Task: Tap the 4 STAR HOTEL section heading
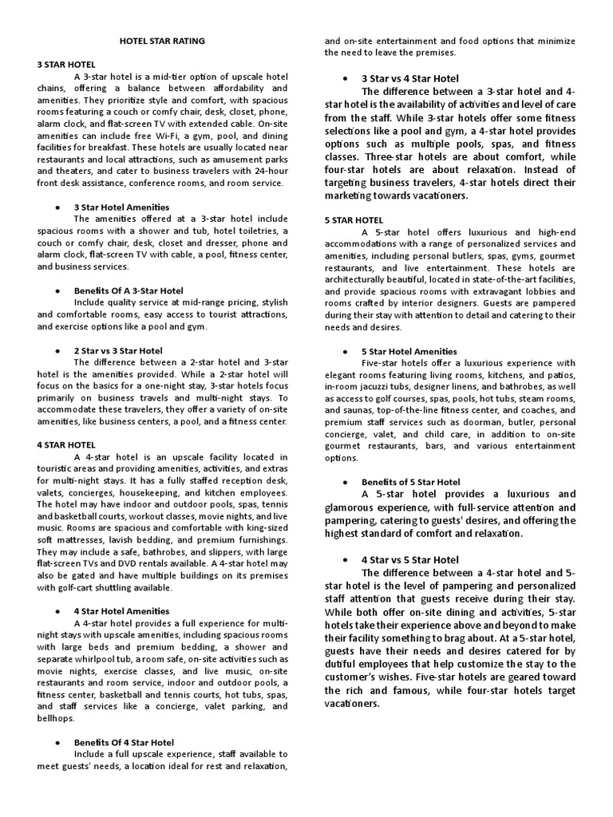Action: (x=66, y=444)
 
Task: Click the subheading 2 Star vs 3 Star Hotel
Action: (x=118, y=350)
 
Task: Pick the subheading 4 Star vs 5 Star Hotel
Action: (x=410, y=559)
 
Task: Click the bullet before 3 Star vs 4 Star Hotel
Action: (x=343, y=78)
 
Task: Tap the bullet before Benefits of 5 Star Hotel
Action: (x=343, y=482)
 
